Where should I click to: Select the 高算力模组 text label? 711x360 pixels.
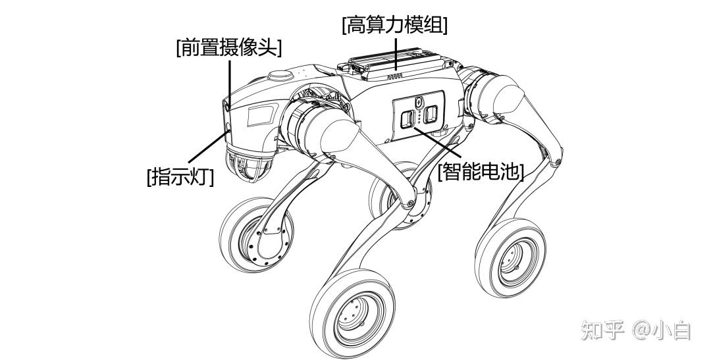(x=394, y=26)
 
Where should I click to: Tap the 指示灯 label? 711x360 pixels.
(x=180, y=177)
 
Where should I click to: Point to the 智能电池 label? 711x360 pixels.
(x=481, y=172)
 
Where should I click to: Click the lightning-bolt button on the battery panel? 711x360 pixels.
(x=419, y=102)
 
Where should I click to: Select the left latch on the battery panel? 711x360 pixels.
(x=408, y=118)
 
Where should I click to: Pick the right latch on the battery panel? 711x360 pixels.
(x=431, y=116)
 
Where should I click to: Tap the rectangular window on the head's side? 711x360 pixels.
(x=259, y=117)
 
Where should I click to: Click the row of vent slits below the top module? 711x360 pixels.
(x=394, y=77)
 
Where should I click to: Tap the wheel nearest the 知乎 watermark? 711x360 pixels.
(x=510, y=256)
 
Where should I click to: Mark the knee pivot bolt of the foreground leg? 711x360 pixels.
(x=411, y=200)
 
